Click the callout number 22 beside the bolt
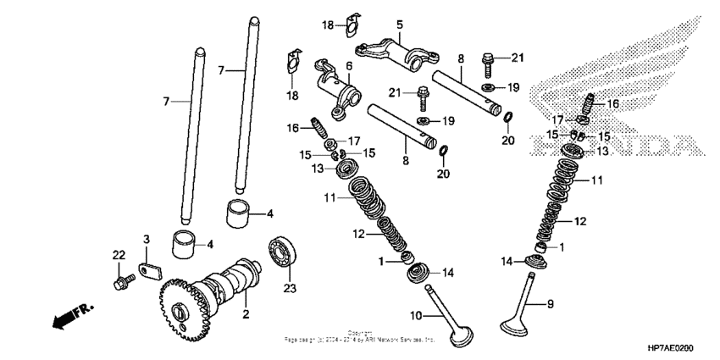pyautogui.click(x=119, y=255)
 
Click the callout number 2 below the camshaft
pyautogui.click(x=246, y=315)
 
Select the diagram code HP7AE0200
pyautogui.click(x=677, y=347)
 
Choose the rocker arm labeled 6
pyautogui.click(x=335, y=82)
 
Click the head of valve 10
pyautogui.click(x=462, y=333)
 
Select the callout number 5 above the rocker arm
pyautogui.click(x=400, y=24)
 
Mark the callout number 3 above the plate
pyautogui.click(x=146, y=241)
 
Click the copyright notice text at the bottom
pyautogui.click(x=360, y=336)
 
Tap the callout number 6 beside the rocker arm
pyautogui.click(x=347, y=64)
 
